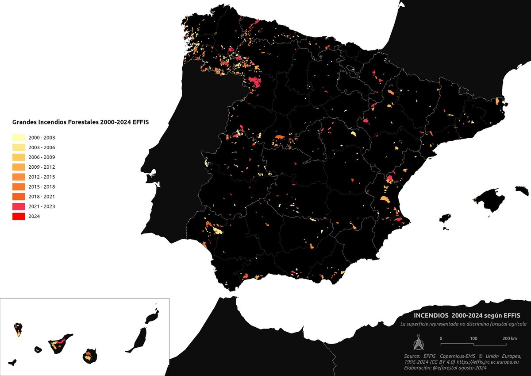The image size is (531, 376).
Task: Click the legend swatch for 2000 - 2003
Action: [x=18, y=138]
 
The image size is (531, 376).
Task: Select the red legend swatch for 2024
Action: [x=18, y=217]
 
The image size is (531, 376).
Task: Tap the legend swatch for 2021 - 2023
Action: [x=18, y=206]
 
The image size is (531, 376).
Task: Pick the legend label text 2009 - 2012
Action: [x=41, y=167]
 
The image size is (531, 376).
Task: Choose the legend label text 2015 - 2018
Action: [x=41, y=187]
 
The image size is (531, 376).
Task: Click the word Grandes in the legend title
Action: [x=24, y=121]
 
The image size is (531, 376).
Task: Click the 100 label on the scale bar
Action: [x=473, y=338]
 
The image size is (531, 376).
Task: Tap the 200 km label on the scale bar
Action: [x=510, y=338]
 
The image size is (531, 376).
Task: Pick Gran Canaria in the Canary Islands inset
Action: [x=90, y=356]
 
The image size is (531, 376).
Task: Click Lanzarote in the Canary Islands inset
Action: [x=151, y=317]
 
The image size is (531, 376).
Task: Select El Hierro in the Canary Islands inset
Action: [x=13, y=362]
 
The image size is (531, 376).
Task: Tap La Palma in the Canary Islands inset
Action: [x=18, y=330]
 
